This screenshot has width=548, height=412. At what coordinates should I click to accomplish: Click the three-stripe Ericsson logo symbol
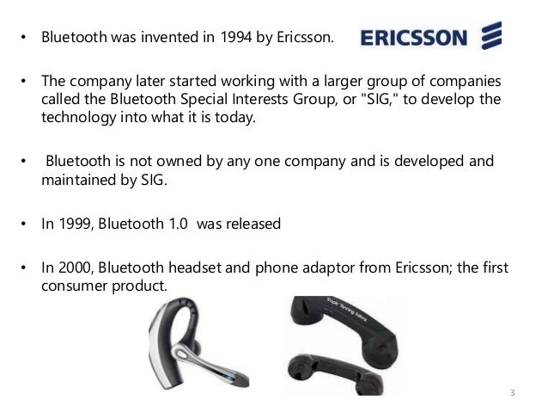tap(490, 37)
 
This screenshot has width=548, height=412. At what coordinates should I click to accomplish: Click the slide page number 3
tap(512, 395)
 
